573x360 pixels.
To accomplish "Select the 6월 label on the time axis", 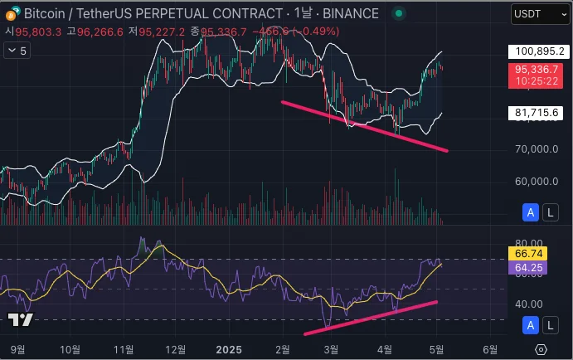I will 490,348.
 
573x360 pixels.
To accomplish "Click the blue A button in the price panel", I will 531,213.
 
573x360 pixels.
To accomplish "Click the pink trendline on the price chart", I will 365,126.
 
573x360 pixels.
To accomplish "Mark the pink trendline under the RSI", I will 371,318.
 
